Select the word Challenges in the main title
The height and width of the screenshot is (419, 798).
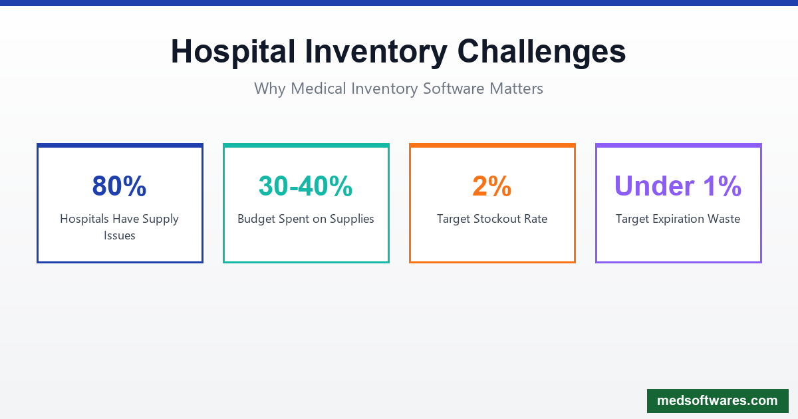(541, 52)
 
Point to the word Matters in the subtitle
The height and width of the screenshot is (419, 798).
(516, 88)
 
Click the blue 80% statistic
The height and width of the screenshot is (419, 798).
(120, 186)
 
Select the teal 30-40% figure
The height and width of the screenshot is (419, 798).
(306, 186)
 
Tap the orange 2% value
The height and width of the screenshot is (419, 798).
(492, 186)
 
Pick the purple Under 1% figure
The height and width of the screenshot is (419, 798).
(678, 186)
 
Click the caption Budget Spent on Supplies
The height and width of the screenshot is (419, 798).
(306, 219)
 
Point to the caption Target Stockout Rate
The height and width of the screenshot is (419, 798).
(492, 219)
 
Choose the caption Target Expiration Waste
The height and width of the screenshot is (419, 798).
(678, 219)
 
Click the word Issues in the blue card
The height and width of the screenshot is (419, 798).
(120, 235)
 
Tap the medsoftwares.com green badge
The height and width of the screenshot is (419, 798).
(718, 401)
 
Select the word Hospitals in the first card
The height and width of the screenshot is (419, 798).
(84, 219)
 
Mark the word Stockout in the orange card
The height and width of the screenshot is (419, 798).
(497, 219)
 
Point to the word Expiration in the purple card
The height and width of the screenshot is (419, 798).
(680, 219)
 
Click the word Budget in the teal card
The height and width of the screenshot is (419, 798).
(257, 219)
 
